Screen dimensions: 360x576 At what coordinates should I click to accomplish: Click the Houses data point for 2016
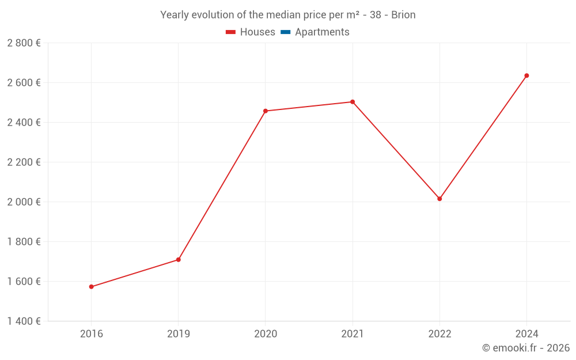91,286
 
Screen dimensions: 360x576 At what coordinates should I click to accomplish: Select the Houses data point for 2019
179,260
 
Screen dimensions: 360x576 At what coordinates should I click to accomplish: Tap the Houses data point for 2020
265,111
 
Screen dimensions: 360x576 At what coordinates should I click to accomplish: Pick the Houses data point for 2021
353,102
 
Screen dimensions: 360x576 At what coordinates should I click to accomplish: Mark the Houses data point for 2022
439,199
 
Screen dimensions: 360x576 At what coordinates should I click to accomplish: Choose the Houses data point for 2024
526,75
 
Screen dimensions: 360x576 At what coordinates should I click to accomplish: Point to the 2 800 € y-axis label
24,43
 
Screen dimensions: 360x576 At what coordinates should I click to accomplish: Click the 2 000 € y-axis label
24,202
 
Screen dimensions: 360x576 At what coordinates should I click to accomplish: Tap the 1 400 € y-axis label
24,321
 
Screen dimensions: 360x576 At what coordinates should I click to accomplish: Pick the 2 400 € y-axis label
24,122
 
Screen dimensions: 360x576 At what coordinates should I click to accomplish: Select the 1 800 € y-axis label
24,241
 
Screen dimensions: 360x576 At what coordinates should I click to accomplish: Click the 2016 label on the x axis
91,334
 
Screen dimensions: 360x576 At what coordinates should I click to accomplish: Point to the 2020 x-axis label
265,334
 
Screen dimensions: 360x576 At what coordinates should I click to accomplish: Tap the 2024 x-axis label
526,334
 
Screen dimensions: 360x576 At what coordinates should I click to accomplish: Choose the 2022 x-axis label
439,334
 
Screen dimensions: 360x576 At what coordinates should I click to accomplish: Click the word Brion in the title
403,15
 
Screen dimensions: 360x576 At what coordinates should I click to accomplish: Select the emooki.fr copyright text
526,348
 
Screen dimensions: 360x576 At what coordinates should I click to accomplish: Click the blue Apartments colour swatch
285,32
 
